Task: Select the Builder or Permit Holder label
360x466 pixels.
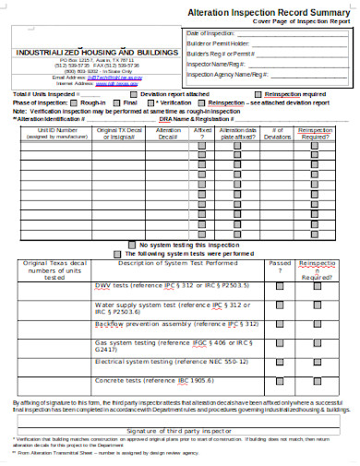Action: click(218, 42)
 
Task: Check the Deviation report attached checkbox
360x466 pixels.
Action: click(133, 94)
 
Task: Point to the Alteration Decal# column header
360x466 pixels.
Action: click(167, 135)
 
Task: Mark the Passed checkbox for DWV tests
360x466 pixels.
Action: click(280, 286)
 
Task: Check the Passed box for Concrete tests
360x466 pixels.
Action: click(280, 380)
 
